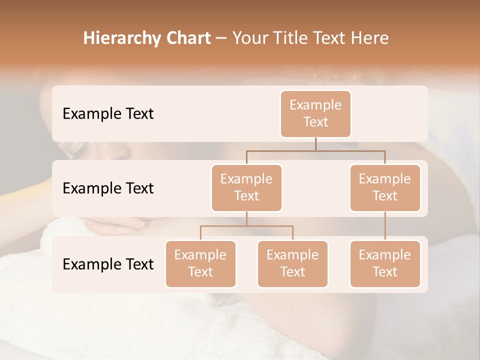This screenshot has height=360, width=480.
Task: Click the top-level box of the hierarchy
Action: [x=315, y=113]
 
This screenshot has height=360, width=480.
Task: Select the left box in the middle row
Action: [x=246, y=187]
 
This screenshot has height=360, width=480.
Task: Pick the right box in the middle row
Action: [x=385, y=187]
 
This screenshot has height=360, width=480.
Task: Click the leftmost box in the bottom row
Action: [x=200, y=263]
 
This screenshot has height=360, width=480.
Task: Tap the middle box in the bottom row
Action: [x=292, y=263]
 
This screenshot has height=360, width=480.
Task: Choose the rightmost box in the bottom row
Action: [x=385, y=263]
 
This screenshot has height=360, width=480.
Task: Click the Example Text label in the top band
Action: [x=108, y=114]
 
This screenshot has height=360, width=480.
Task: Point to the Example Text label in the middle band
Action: [x=108, y=188]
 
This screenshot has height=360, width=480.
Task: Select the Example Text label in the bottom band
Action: [x=108, y=264]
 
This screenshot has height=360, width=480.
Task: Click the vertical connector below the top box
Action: [x=315, y=144]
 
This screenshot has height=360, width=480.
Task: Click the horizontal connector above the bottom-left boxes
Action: [x=246, y=226]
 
